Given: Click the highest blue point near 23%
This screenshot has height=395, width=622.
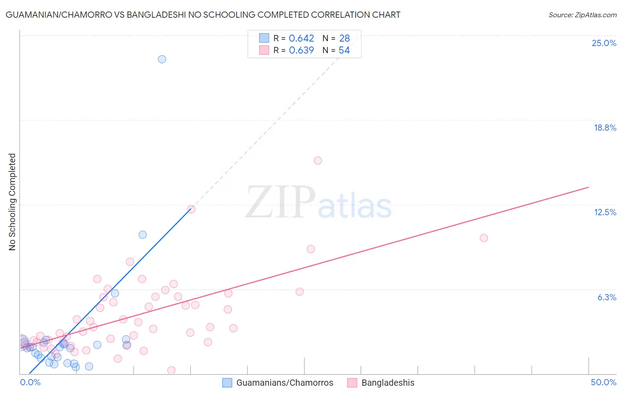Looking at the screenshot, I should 162,59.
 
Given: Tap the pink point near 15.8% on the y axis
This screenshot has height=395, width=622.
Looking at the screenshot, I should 318,161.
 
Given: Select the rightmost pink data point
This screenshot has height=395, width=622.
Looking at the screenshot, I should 484,238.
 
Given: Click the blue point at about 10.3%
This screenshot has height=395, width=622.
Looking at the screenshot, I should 142,235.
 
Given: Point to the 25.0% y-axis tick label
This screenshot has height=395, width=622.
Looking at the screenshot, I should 604,43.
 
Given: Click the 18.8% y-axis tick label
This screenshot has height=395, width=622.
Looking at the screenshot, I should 605,128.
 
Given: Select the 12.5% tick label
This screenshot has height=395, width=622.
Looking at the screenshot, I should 605,212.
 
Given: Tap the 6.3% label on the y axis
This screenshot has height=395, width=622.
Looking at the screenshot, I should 607,297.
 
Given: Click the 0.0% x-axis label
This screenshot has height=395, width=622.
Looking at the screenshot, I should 31,382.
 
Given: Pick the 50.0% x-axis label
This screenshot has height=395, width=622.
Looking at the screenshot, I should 603,382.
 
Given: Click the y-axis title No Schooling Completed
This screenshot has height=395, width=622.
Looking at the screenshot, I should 12,202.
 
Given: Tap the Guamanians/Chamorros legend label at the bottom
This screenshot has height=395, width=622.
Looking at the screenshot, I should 284,383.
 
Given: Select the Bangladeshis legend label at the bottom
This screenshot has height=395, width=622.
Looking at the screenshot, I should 388,383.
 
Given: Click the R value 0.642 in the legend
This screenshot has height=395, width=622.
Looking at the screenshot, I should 301,39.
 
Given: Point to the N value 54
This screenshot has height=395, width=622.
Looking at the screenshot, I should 344,50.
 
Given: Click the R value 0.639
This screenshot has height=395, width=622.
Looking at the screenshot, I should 301,50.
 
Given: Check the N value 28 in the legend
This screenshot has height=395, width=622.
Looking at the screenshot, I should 344,39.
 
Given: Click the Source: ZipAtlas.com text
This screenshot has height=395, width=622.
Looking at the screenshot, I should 582,15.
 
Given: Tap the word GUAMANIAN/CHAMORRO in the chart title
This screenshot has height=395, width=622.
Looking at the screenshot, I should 59,15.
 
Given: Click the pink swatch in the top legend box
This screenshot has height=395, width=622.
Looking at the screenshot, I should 264,50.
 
